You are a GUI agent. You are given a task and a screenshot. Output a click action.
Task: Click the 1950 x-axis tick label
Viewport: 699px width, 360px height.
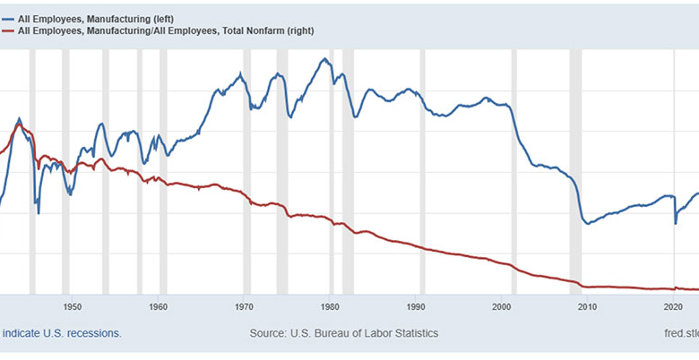73,306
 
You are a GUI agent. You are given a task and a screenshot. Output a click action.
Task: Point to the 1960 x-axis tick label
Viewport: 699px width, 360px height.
159,306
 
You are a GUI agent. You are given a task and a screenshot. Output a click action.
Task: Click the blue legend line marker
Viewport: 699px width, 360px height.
6,18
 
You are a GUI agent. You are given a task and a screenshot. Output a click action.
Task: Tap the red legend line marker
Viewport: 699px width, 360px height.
6,30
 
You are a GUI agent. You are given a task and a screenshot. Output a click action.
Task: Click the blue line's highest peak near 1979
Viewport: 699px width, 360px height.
325,59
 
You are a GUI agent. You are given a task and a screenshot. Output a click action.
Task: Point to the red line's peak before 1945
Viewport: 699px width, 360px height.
19,124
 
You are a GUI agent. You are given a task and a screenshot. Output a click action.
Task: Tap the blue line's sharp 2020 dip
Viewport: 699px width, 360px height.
676,222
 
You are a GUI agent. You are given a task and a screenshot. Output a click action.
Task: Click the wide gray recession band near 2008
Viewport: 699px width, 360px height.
576,170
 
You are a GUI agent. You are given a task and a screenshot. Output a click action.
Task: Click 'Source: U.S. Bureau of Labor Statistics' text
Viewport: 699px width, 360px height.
344,333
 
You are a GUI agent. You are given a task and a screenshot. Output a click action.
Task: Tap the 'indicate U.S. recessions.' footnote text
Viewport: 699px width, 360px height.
61,333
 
